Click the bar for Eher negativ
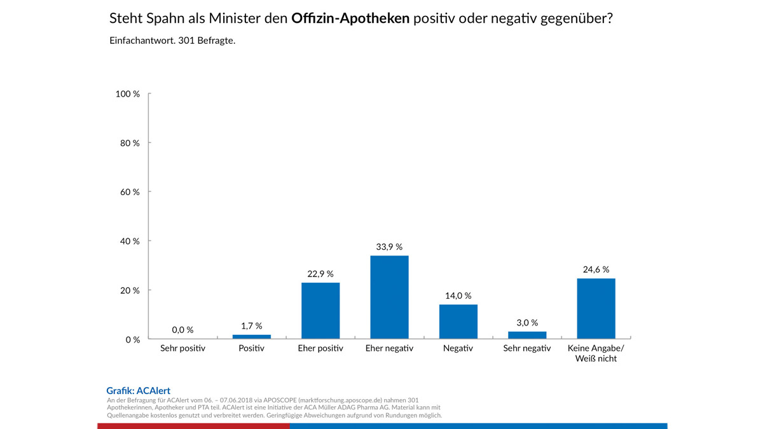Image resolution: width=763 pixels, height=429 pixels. pos(389,297)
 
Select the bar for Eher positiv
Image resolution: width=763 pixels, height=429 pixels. pos(320,310)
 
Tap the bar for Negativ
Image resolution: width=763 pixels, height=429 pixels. pos(458,322)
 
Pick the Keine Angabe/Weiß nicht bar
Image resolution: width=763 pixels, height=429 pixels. pos(596,308)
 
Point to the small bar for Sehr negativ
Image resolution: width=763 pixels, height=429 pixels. pos(527,335)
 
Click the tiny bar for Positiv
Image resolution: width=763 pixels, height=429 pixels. pos(252,336)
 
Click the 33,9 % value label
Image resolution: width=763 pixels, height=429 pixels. pos(389,247)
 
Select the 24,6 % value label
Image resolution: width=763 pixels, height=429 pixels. pos(596,269)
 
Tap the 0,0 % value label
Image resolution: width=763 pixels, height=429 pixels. pos(182,330)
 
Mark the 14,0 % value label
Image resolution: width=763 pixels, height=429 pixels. pos(458,296)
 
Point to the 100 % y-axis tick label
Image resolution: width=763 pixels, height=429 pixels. pos(128,94)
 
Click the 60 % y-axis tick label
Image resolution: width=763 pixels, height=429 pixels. pos(130,192)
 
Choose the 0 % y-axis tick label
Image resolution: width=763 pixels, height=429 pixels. pos(132,340)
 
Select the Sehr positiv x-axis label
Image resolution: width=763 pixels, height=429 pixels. pos(182,348)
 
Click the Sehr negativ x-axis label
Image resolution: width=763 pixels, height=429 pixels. pos(527,348)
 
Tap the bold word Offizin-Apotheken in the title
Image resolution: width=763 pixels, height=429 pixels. pos(350,18)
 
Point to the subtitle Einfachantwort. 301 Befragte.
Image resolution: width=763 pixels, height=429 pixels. pos(172,41)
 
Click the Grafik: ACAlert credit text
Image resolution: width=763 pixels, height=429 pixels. pos(138,391)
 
